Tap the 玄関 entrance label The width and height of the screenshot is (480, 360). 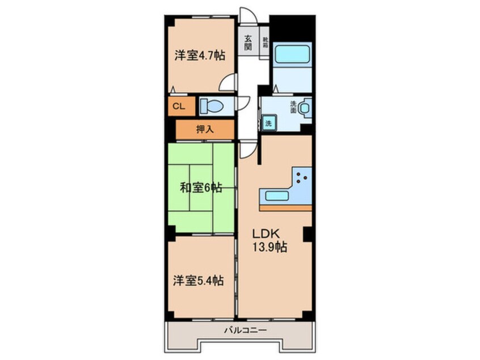(249, 43)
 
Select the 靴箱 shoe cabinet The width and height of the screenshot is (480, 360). (264, 43)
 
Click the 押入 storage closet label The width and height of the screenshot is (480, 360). (205, 129)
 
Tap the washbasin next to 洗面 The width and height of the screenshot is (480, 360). (305, 107)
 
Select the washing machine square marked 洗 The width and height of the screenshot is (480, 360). (268, 123)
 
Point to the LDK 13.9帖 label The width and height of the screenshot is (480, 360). (269, 240)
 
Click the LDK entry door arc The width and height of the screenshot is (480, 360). (245, 149)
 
